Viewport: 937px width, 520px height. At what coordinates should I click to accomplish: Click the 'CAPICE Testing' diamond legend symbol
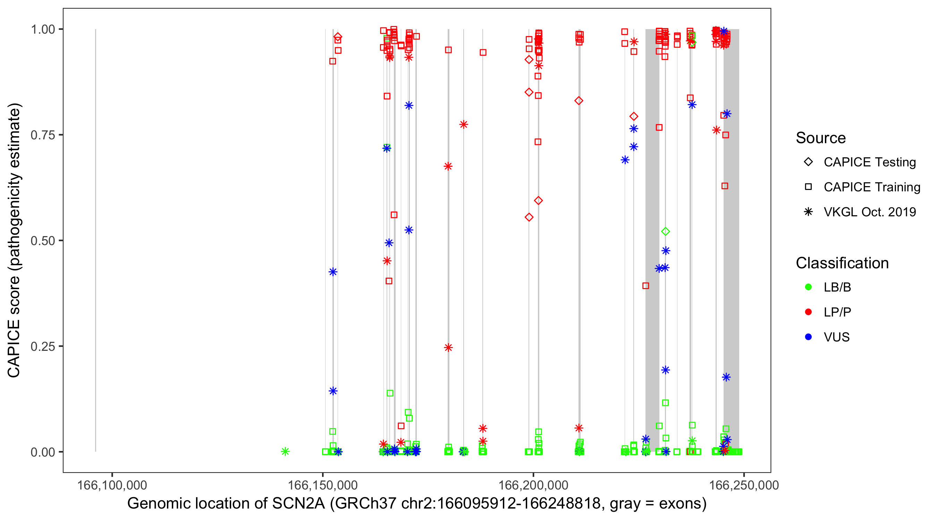click(x=808, y=162)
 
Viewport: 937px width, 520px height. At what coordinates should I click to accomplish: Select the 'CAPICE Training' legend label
click(x=871, y=187)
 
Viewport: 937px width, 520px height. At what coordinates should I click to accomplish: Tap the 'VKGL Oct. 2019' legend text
click(x=869, y=212)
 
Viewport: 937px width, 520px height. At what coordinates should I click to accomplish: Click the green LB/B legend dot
click(x=808, y=287)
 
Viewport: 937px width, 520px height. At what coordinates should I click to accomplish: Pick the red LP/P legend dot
click(x=808, y=312)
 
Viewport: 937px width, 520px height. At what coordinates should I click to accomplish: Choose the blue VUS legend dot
click(x=808, y=337)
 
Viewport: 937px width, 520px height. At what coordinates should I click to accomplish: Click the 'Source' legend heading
click(x=820, y=138)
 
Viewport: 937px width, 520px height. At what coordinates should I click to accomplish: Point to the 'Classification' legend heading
click(x=842, y=263)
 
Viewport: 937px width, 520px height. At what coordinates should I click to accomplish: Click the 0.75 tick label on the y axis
click(x=42, y=135)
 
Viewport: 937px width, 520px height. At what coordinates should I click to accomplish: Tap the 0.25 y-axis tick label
click(x=42, y=346)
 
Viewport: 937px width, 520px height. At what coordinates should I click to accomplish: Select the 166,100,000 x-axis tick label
click(x=112, y=485)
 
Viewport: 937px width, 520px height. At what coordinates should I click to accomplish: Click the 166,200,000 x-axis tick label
click(x=533, y=485)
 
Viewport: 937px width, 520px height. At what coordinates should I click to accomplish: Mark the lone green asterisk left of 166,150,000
click(x=285, y=451)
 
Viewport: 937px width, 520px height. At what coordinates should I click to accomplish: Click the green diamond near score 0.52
click(x=665, y=232)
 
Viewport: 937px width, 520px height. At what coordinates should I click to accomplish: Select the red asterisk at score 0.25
click(x=448, y=347)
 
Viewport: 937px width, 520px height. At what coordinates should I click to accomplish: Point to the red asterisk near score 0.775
click(x=463, y=125)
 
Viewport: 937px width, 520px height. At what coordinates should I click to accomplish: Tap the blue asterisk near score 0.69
click(x=625, y=160)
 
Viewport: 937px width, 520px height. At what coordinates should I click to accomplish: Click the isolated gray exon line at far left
click(x=96, y=240)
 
